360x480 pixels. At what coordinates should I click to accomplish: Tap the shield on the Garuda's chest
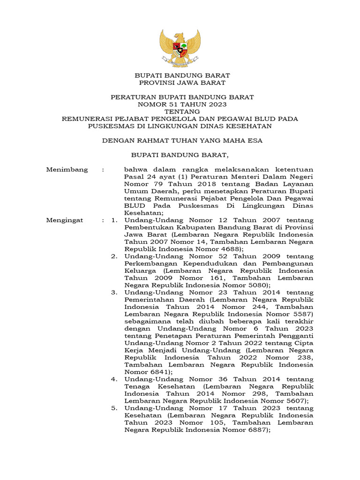tap(180, 47)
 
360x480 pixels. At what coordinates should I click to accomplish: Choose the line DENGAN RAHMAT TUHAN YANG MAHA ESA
tap(182, 140)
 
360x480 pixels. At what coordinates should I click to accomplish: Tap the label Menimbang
tap(67, 170)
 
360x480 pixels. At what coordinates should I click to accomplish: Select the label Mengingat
tap(65, 220)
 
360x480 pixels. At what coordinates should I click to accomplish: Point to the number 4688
tap(230, 249)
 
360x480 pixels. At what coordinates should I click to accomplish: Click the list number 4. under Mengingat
tap(114, 379)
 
